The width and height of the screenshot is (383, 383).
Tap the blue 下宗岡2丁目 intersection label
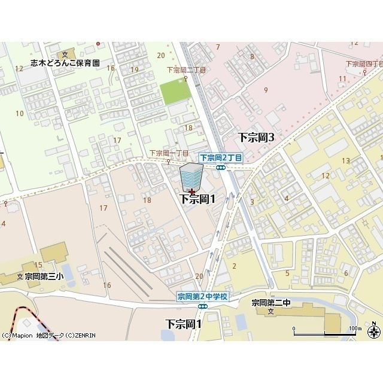pyautogui.click(x=221, y=157)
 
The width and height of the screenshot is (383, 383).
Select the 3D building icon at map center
pyautogui.click(x=191, y=177)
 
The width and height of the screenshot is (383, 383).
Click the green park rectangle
pyautogui.click(x=175, y=92)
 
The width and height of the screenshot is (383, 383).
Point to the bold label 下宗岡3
pyautogui.click(x=256, y=137)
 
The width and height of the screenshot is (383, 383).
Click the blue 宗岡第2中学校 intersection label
pyautogui.click(x=202, y=296)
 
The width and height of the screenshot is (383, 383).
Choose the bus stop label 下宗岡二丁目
pyautogui.click(x=186, y=70)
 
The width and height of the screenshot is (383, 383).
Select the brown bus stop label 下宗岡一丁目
pyautogui.click(x=169, y=153)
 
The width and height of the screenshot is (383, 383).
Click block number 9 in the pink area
pyautogui.click(x=265, y=90)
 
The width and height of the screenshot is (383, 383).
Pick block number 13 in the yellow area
pyautogui.click(x=345, y=160)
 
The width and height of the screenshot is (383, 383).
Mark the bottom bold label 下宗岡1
pyautogui.click(x=183, y=323)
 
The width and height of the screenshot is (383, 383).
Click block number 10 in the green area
pyautogui.click(x=20, y=113)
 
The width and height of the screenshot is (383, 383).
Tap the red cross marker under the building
pyautogui.click(x=191, y=192)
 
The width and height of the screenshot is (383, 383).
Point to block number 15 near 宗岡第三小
pyautogui.click(x=38, y=265)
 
